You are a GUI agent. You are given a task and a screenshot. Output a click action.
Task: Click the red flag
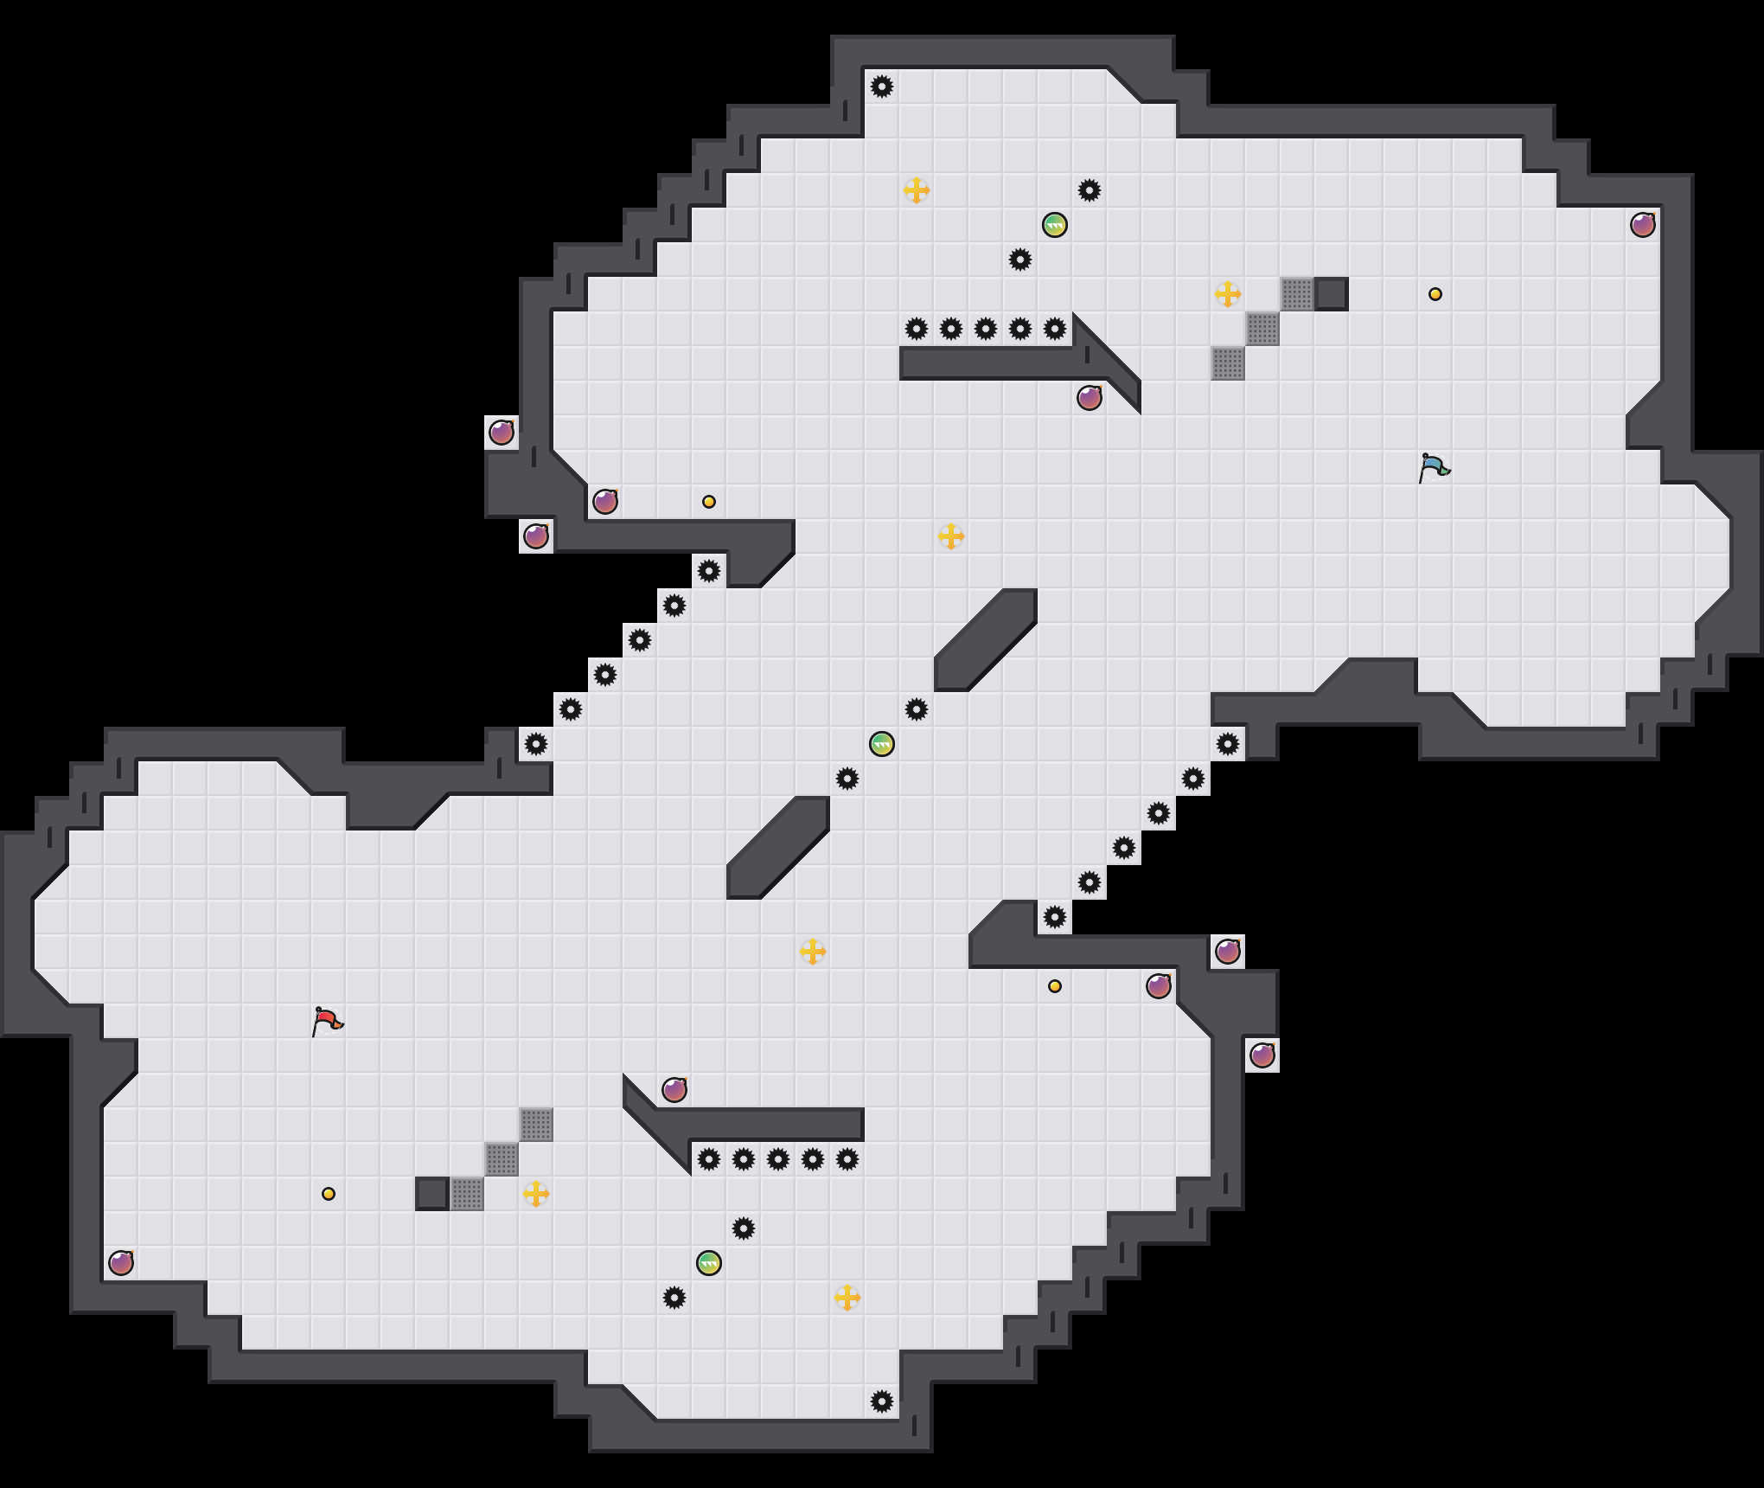pos(327,1022)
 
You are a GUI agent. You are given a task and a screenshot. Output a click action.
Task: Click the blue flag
pos(1434,468)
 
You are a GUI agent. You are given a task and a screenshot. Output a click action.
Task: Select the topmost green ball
pos(1054,225)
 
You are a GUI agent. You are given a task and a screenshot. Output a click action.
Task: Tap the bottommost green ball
pos(708,1263)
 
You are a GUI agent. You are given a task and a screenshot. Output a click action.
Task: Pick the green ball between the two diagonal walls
pos(881,744)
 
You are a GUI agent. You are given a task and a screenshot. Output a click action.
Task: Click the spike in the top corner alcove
pos(881,87)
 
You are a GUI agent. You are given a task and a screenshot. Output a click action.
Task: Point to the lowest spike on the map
pos(881,1401)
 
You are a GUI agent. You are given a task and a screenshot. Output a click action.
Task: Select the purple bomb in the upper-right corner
pos(1642,225)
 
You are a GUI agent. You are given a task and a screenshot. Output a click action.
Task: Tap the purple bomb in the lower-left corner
pos(120,1263)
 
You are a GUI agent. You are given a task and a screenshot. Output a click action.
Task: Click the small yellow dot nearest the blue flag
pos(1435,294)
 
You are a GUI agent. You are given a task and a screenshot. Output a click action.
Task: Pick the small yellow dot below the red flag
pos(328,1194)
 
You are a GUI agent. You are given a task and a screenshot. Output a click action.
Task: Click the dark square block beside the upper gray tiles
pos(1331,294)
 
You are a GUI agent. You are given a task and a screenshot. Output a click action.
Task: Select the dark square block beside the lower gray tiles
pos(431,1194)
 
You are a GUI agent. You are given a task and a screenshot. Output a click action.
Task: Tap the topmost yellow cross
pos(916,190)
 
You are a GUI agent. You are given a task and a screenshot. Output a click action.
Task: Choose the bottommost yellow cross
pos(847,1298)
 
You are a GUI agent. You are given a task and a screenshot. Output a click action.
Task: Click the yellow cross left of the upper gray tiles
pos(1227,294)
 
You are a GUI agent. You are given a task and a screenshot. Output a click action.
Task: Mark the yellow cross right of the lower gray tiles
pos(535,1194)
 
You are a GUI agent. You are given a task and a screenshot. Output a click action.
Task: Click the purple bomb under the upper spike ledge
pos(1089,398)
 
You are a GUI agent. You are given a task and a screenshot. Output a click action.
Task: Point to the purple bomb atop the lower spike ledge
pos(674,1090)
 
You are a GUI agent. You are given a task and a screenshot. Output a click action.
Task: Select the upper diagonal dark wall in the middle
pos(986,640)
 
